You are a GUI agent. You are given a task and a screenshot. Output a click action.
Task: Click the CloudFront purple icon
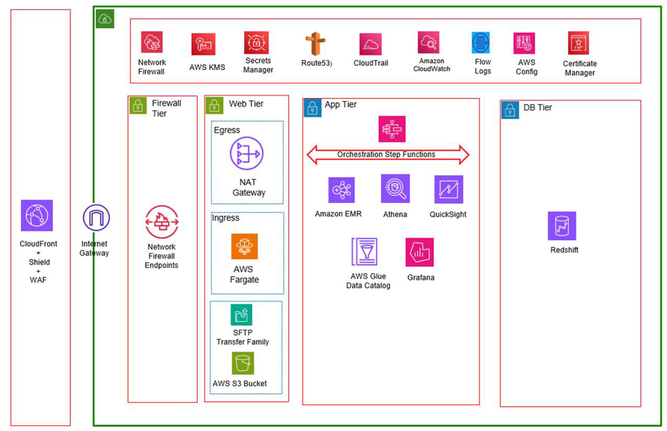coord(36,215)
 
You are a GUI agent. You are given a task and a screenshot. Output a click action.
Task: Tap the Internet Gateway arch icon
coord(96,218)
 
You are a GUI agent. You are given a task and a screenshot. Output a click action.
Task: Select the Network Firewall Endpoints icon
coord(162,222)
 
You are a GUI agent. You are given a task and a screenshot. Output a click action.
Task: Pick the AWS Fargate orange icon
coord(245,246)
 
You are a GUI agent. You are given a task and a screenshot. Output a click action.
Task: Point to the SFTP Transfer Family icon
coord(241,314)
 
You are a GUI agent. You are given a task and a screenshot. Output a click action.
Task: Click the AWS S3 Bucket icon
coord(243,363)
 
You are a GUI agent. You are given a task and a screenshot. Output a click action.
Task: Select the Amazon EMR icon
coord(341,190)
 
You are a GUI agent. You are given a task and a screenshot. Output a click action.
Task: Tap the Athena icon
coord(395,189)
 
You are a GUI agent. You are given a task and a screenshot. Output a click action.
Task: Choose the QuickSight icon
coord(448,189)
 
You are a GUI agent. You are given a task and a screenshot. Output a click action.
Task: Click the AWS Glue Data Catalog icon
coord(364,252)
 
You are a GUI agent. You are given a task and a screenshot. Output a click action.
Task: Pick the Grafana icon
coord(420,252)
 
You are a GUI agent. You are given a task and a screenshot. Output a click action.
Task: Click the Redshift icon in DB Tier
coord(562,226)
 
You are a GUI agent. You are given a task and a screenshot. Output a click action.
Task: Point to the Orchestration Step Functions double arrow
coord(388,155)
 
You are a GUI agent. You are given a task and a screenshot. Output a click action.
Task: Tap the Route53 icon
coord(315,44)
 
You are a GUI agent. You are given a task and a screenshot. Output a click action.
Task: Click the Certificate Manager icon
coord(578,43)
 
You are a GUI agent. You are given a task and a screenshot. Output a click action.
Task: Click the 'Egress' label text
coord(227,130)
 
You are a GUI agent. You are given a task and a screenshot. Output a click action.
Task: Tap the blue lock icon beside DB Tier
coord(511,110)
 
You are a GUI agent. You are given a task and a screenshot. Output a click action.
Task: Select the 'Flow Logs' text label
coord(483,66)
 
